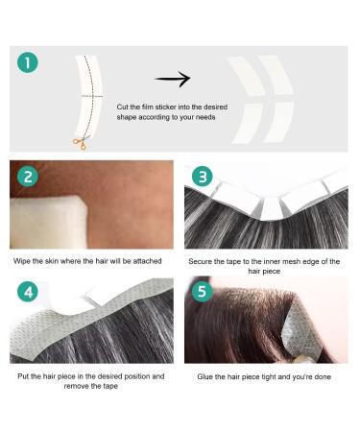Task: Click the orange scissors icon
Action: click(79, 143)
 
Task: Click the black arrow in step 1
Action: click(173, 80)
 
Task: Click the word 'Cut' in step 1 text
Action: click(124, 106)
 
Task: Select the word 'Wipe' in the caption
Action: click(23, 260)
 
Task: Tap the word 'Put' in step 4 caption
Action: click(24, 375)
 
